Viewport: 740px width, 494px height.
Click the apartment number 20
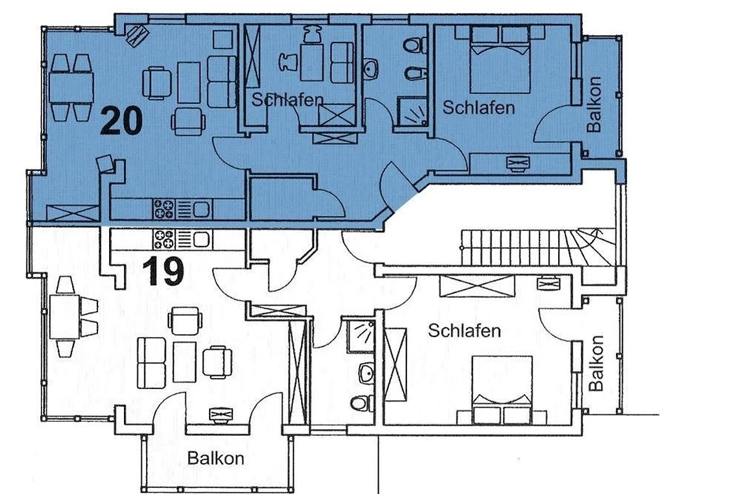pyautogui.click(x=121, y=121)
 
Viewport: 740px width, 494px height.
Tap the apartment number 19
pyautogui.click(x=163, y=271)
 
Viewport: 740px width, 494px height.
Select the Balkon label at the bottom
pyautogui.click(x=216, y=459)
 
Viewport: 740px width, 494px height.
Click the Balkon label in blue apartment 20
pyautogui.click(x=594, y=104)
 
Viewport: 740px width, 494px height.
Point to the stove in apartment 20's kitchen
pyautogui.click(x=164, y=209)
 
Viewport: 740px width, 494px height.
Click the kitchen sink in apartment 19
pyautogui.click(x=201, y=239)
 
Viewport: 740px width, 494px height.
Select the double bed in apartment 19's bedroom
pyautogui.click(x=502, y=390)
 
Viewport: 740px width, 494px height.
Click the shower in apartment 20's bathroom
pyautogui.click(x=413, y=112)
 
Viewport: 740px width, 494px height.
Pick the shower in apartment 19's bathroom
pyautogui.click(x=361, y=336)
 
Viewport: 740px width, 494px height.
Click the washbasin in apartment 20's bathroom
pyautogui.click(x=371, y=69)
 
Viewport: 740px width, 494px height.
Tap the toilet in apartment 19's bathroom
pyautogui.click(x=362, y=403)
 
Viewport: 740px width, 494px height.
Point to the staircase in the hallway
pyautogui.click(x=538, y=248)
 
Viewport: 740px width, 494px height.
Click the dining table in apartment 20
pyautogui.click(x=72, y=88)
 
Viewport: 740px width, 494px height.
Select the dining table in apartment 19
pyautogui.click(x=64, y=317)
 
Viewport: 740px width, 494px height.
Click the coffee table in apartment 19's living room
pyautogui.click(x=184, y=362)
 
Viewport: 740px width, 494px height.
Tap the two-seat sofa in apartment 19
pyautogui.click(x=151, y=362)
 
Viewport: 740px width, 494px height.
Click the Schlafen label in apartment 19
pyautogui.click(x=464, y=331)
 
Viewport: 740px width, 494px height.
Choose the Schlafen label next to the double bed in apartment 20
pyautogui.click(x=479, y=108)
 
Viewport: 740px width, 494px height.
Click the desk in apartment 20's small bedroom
pyautogui.click(x=311, y=62)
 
